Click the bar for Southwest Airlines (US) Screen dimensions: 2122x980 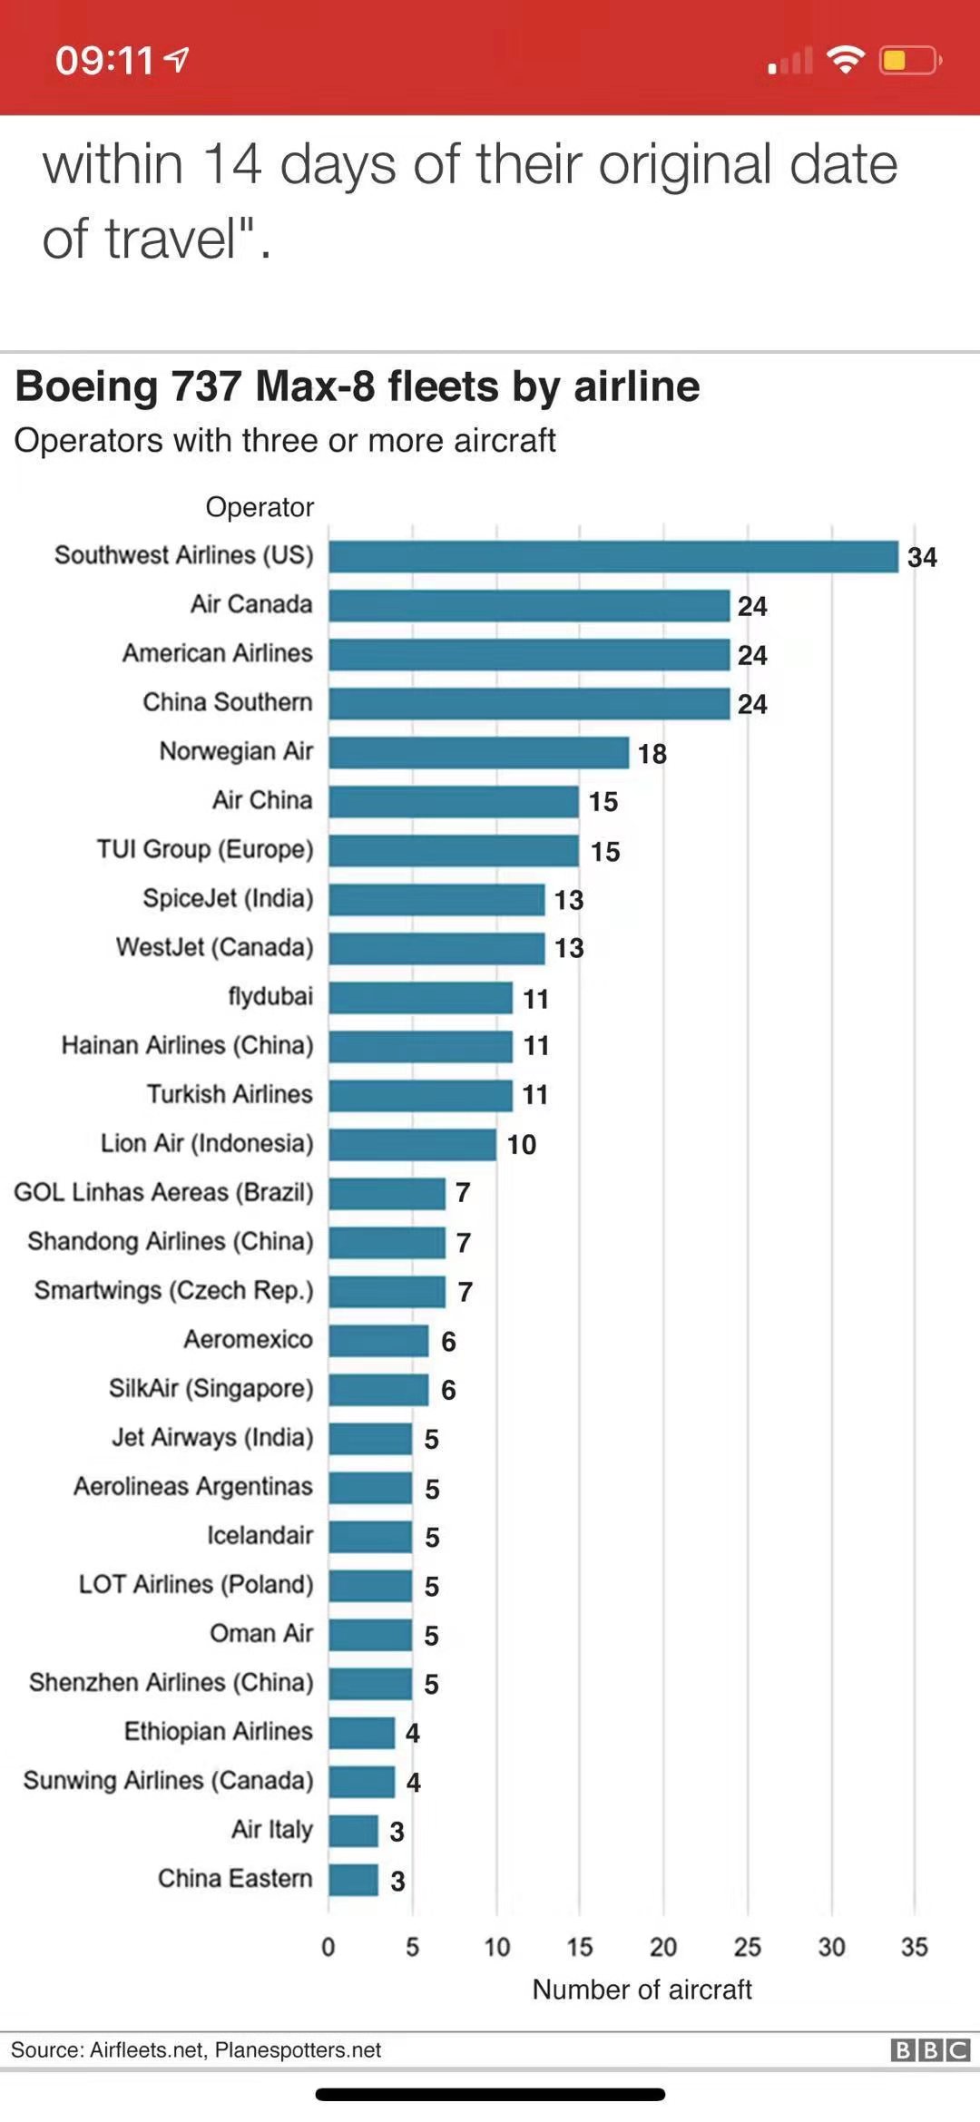(613, 556)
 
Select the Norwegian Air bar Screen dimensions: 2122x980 (478, 752)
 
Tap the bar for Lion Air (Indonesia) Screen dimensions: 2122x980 (412, 1144)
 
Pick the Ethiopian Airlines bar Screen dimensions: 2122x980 (361, 1732)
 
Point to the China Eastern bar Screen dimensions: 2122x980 (353, 1879)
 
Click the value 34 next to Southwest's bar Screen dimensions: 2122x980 (922, 557)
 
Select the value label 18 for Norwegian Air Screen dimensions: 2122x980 (652, 753)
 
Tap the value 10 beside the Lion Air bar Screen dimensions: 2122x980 (521, 1144)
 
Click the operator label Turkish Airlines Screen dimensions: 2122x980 (230, 1094)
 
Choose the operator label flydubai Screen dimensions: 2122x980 (270, 996)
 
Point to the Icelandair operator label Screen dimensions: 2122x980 (260, 1535)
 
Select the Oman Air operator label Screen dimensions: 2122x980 (261, 1633)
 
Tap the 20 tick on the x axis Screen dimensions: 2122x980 (663, 1946)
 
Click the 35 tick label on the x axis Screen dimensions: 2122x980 (915, 1946)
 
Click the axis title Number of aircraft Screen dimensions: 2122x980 (642, 1990)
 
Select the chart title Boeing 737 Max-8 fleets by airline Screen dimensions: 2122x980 (358, 386)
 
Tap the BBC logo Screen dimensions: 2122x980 (930, 2049)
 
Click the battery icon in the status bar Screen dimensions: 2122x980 (908, 61)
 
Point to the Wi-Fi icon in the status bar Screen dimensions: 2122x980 (845, 60)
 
